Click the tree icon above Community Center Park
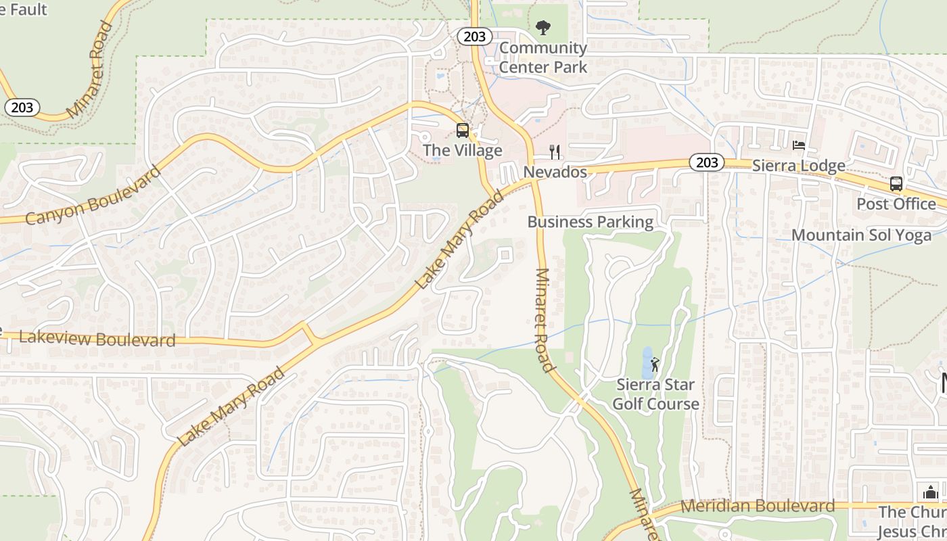point(542,28)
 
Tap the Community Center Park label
point(542,57)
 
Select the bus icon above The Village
point(463,131)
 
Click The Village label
point(463,150)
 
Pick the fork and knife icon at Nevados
point(555,151)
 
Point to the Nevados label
point(555,172)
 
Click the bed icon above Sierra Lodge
point(799,145)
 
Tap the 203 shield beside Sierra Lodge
point(707,162)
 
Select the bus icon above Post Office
point(896,183)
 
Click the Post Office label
point(896,204)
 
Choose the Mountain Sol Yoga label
point(861,235)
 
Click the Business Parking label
point(591,222)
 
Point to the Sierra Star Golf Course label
point(655,394)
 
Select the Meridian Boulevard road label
point(758,506)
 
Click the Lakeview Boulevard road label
point(97,339)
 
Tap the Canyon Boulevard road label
point(93,195)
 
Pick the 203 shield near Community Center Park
point(474,37)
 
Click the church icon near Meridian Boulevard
point(931,492)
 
